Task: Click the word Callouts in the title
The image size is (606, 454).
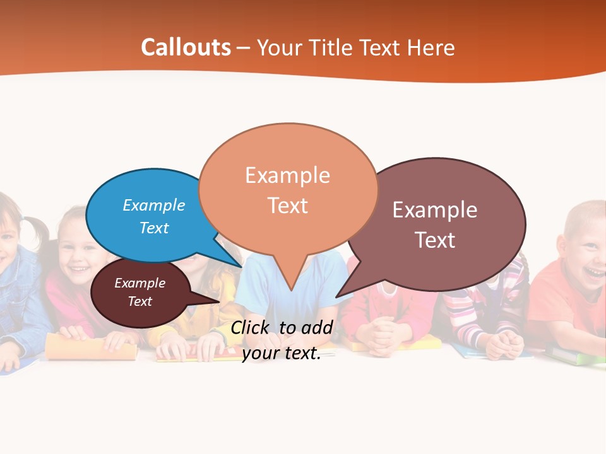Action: point(186,47)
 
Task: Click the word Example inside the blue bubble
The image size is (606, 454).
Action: point(154,206)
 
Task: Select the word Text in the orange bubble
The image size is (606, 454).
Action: point(288,206)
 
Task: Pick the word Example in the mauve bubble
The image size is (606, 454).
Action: point(435,210)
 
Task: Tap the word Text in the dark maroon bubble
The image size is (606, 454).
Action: point(140,301)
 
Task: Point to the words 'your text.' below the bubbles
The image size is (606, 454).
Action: point(282,353)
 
